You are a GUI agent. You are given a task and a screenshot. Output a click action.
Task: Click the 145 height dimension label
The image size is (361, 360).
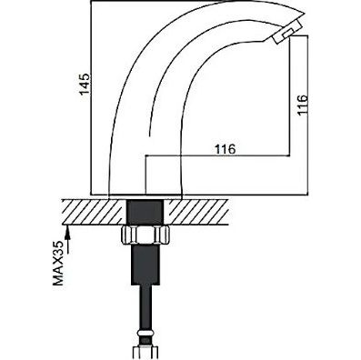tap(85, 84)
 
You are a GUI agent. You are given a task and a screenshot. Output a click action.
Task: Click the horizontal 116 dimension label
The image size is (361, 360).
tap(225, 149)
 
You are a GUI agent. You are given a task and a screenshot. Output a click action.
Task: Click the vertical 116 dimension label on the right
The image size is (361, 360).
tap(302, 105)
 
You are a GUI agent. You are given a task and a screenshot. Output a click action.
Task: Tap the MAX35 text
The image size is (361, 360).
tap(58, 264)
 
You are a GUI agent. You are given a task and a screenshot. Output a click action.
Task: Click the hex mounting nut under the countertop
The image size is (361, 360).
tap(145, 235)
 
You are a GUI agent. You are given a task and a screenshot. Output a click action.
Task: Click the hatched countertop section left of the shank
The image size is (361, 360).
tap(94, 212)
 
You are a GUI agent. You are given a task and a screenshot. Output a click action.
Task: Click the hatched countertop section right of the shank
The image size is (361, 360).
tap(197, 212)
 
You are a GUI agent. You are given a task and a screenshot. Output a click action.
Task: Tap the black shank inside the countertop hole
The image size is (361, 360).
tap(145, 212)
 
